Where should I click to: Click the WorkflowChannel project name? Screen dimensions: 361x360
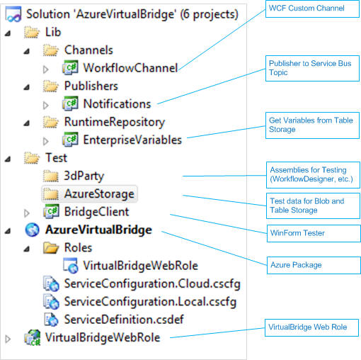pyautogui.click(x=130, y=68)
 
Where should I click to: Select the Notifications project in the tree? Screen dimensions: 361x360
pyautogui.click(x=117, y=104)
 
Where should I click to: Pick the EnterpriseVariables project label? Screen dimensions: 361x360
pyautogui.click(x=132, y=140)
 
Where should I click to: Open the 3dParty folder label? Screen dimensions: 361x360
pyautogui.click(x=84, y=176)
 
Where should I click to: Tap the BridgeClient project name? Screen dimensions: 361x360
pyautogui.click(x=97, y=212)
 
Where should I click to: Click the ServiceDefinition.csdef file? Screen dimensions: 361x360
pyautogui.click(x=124, y=320)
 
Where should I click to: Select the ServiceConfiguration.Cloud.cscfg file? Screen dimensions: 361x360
pyautogui.click(x=152, y=283)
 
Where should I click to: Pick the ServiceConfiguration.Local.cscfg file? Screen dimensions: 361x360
pyautogui.click(x=150, y=302)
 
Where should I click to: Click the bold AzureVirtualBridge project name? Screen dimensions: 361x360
pyautogui.click(x=98, y=230)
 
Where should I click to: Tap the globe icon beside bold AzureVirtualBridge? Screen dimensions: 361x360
pyautogui.click(x=33, y=230)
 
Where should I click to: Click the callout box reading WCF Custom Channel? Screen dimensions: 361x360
pyautogui.click(x=312, y=9)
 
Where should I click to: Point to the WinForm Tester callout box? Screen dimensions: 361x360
pyautogui.click(x=314, y=233)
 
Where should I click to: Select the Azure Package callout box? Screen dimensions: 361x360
pyautogui.click(x=314, y=265)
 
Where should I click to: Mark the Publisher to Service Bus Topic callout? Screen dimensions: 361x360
pyautogui.click(x=312, y=68)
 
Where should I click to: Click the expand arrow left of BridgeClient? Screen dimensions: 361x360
pyautogui.click(x=27, y=213)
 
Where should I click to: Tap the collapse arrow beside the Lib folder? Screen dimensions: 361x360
pyautogui.click(x=8, y=33)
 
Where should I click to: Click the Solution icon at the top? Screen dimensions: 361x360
pyautogui.click(x=13, y=14)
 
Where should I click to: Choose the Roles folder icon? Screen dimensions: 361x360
pyautogui.click(x=51, y=247)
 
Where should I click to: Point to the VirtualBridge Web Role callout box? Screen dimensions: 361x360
pyautogui.click(x=312, y=327)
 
